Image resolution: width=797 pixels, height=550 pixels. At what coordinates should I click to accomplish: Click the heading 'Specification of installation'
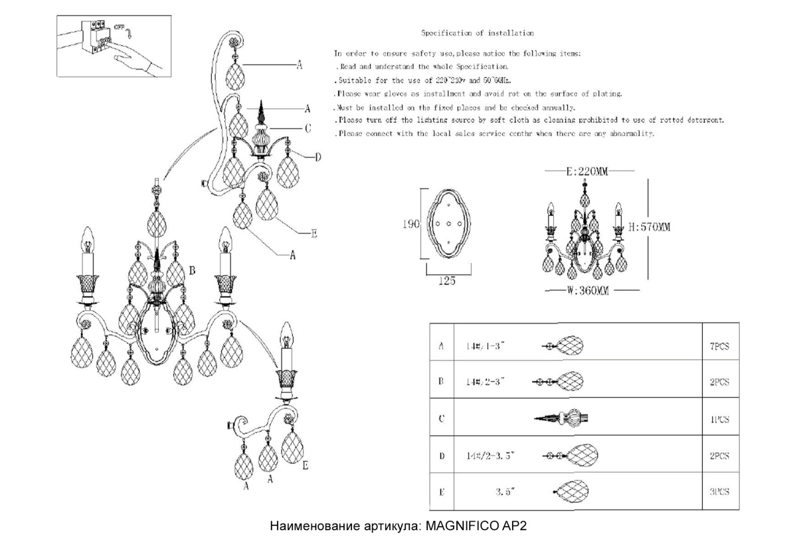(478, 33)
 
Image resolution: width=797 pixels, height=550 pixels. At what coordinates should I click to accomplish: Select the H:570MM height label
(649, 227)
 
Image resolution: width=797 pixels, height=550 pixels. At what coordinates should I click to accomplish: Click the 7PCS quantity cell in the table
(719, 347)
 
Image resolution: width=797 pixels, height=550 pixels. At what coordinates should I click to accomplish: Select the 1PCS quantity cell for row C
(719, 420)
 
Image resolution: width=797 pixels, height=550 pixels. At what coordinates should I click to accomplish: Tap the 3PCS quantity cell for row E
(719, 492)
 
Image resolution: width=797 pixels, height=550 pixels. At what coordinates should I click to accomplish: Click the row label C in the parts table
(442, 419)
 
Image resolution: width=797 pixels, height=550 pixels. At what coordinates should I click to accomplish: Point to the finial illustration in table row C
(562, 419)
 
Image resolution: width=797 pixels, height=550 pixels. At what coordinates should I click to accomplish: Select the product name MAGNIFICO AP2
(476, 526)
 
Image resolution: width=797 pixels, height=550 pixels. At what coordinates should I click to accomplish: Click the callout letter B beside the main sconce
(192, 271)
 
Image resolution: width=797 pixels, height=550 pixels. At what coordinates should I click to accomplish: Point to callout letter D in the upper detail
(317, 157)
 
